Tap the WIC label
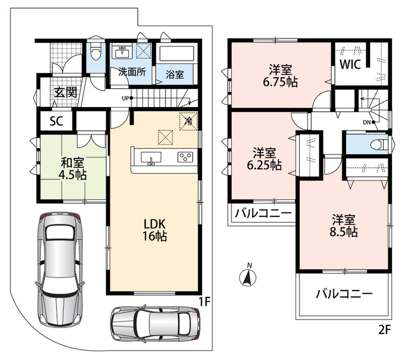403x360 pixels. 350,65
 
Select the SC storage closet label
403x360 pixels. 56,121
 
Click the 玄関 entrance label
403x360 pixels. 66,92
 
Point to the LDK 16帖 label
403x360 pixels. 154,230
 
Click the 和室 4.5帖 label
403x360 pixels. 72,168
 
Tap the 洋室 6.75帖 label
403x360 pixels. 280,76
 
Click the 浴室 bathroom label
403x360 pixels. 175,75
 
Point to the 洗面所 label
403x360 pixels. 132,72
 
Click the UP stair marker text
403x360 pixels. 126,98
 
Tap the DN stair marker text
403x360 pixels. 367,122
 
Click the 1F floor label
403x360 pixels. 204,302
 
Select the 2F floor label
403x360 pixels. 385,330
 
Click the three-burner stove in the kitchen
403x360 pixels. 186,157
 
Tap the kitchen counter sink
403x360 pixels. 151,157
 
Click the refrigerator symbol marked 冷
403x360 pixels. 189,121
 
